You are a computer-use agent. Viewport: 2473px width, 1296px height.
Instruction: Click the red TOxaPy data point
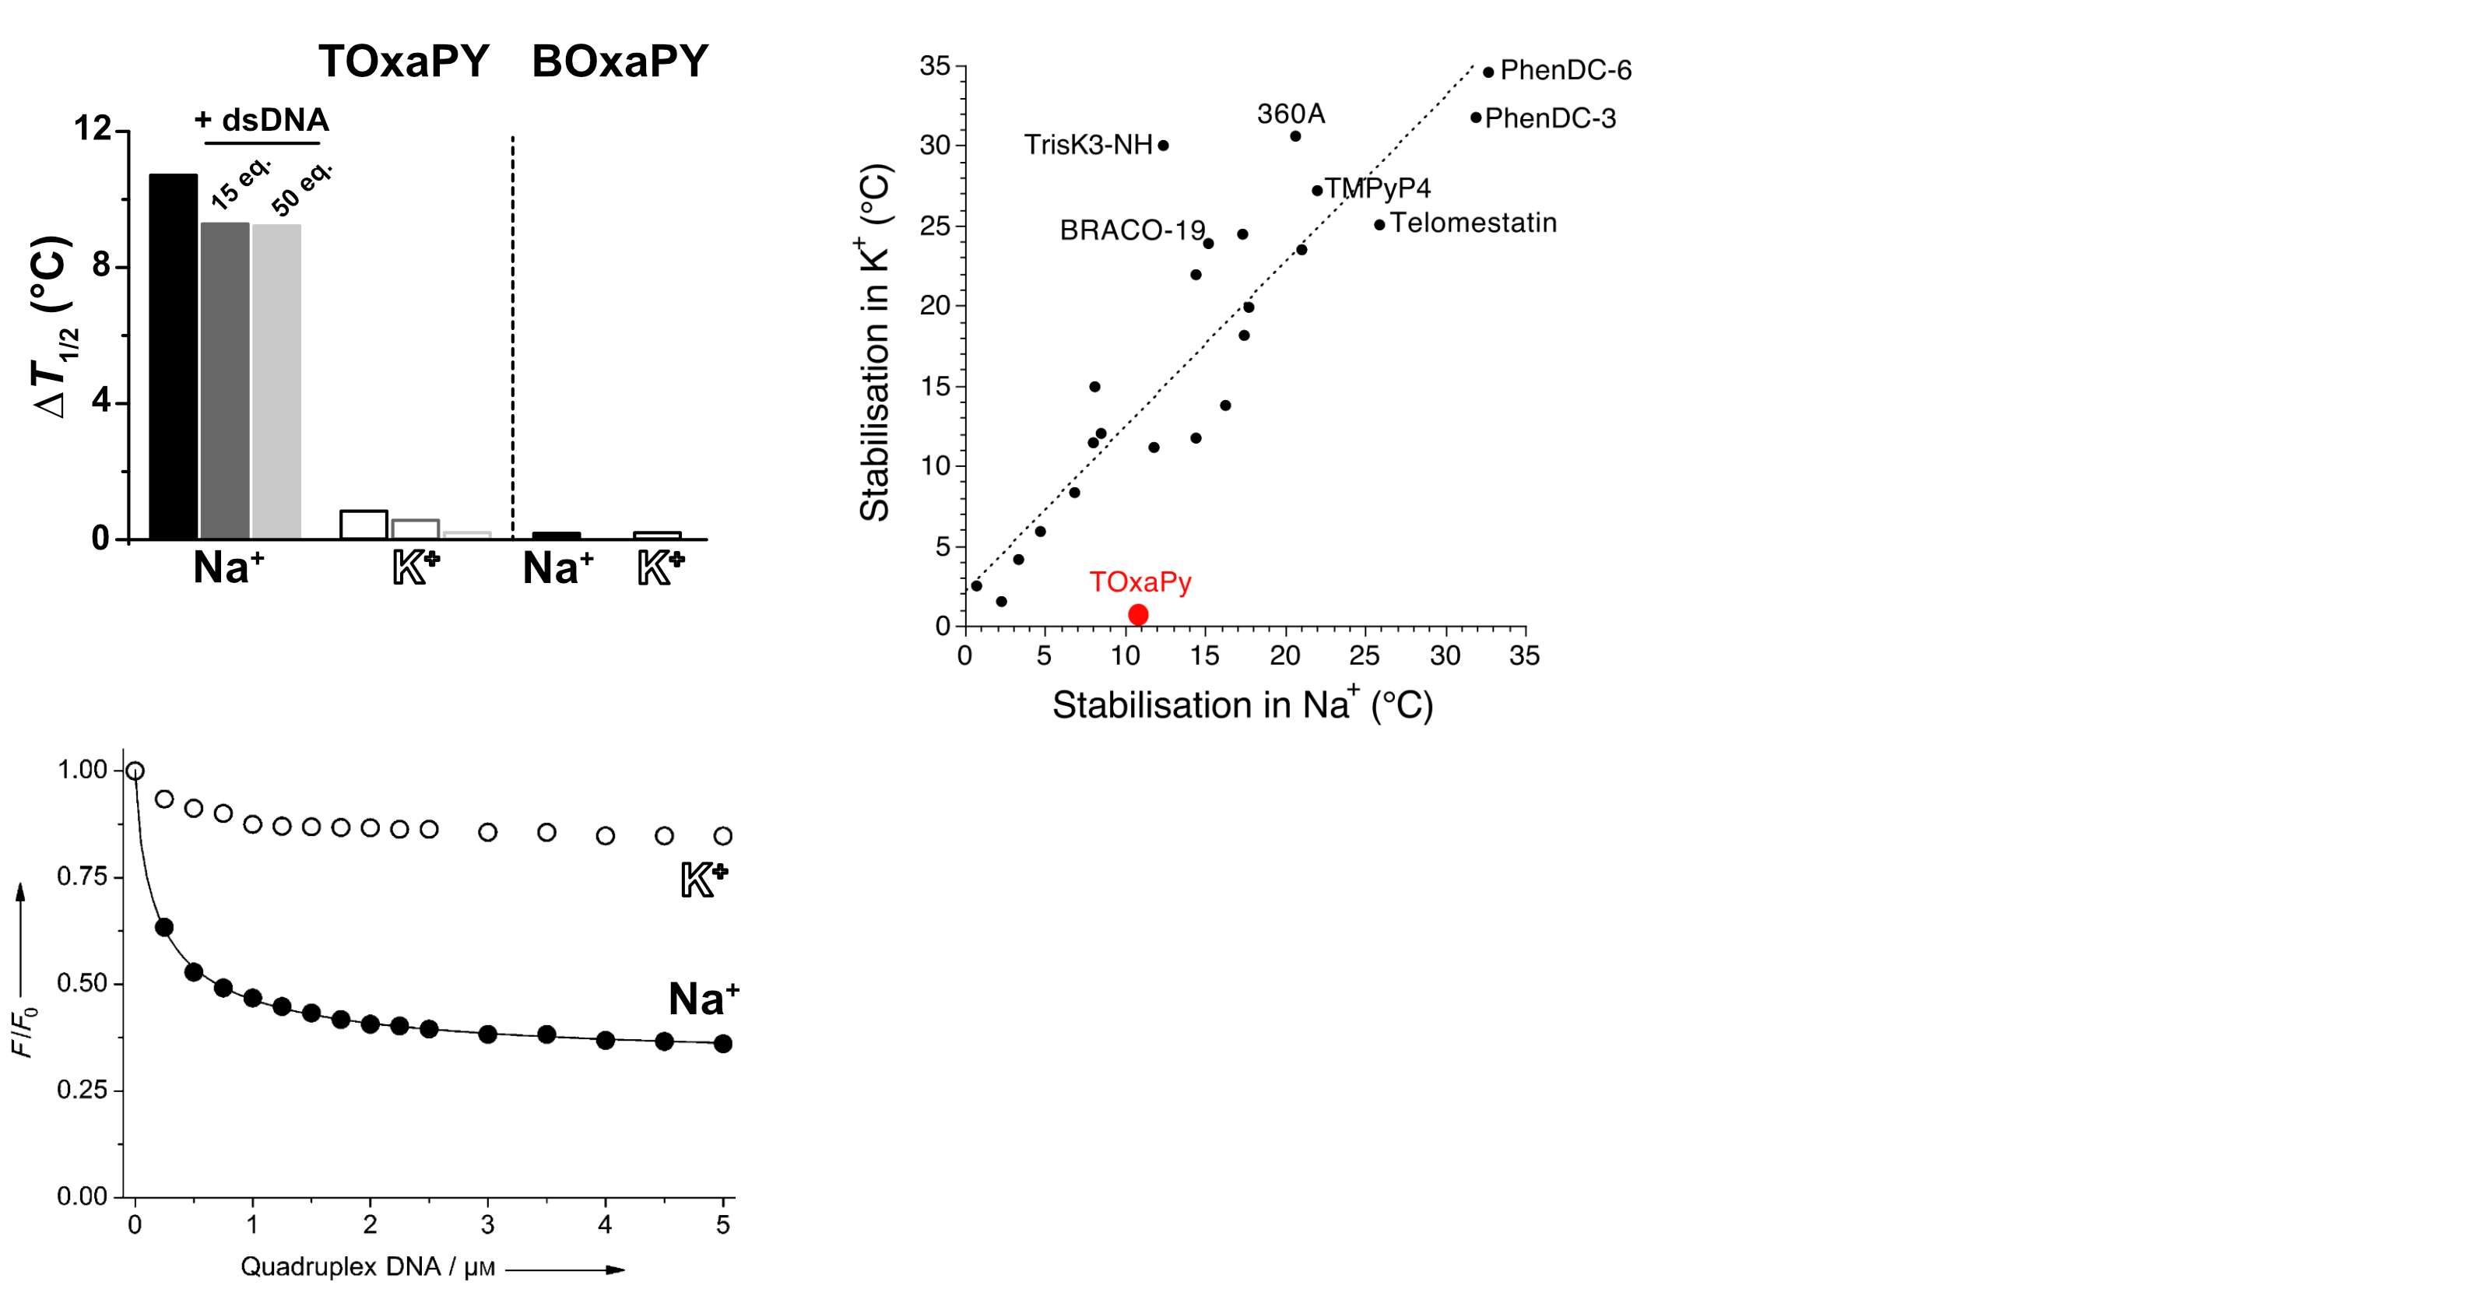click(x=1137, y=614)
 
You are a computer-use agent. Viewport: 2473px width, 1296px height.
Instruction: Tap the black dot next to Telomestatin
click(x=1379, y=225)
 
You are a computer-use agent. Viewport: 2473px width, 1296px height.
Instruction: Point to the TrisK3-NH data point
click(x=1164, y=146)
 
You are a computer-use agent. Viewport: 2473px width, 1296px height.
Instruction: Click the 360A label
click(x=1291, y=114)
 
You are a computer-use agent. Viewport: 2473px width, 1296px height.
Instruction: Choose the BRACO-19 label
click(x=1132, y=230)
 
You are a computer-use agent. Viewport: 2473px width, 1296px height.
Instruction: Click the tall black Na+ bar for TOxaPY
click(x=173, y=355)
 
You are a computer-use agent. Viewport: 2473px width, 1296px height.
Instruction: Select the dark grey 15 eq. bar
click(x=225, y=380)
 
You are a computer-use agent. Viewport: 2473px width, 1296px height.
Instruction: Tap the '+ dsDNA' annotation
click(x=261, y=120)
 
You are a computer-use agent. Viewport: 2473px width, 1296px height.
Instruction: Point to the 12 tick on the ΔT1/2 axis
click(x=93, y=128)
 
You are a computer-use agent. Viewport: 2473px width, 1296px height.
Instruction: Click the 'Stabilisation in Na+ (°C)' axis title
click(x=1242, y=704)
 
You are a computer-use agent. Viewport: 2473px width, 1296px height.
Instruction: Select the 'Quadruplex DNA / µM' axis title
click(x=367, y=1267)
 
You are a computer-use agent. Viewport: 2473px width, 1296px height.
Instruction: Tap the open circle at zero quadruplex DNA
click(x=135, y=771)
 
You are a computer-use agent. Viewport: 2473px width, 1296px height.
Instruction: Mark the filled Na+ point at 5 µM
click(x=723, y=1044)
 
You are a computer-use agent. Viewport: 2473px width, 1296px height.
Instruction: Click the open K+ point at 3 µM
click(x=488, y=832)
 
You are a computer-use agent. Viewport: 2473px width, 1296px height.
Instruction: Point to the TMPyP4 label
click(x=1378, y=188)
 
